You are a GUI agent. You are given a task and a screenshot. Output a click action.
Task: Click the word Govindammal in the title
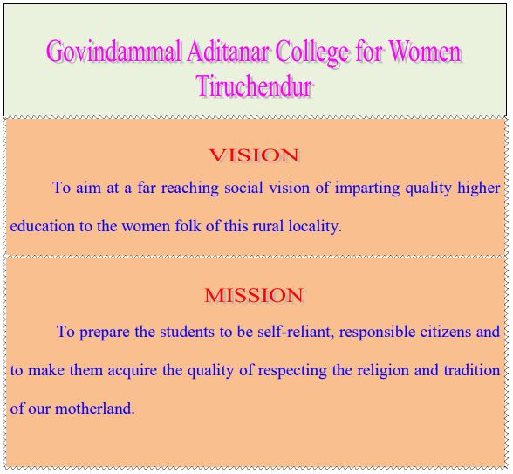tap(113, 52)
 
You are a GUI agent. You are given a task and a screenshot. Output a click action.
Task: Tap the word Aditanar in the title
tap(229, 51)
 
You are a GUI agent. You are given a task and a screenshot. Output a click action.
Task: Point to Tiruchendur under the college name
tap(255, 86)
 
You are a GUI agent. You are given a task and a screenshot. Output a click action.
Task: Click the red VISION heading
tap(254, 155)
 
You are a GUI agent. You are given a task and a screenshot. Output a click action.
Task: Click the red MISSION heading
tap(254, 295)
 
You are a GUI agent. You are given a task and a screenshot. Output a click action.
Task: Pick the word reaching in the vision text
tap(190, 189)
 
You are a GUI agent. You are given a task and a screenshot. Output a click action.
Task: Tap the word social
tap(243, 188)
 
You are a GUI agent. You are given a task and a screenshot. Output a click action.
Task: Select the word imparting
tap(367, 189)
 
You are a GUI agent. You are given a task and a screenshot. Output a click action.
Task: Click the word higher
tap(479, 189)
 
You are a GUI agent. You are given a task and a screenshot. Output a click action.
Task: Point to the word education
tap(43, 226)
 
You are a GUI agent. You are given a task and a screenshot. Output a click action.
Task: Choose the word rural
tap(268, 226)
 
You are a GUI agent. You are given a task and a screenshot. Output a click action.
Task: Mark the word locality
tap(315, 227)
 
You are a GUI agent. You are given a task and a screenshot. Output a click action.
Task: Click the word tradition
tap(472, 370)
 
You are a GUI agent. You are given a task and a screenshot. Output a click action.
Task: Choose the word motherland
tap(95, 409)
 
